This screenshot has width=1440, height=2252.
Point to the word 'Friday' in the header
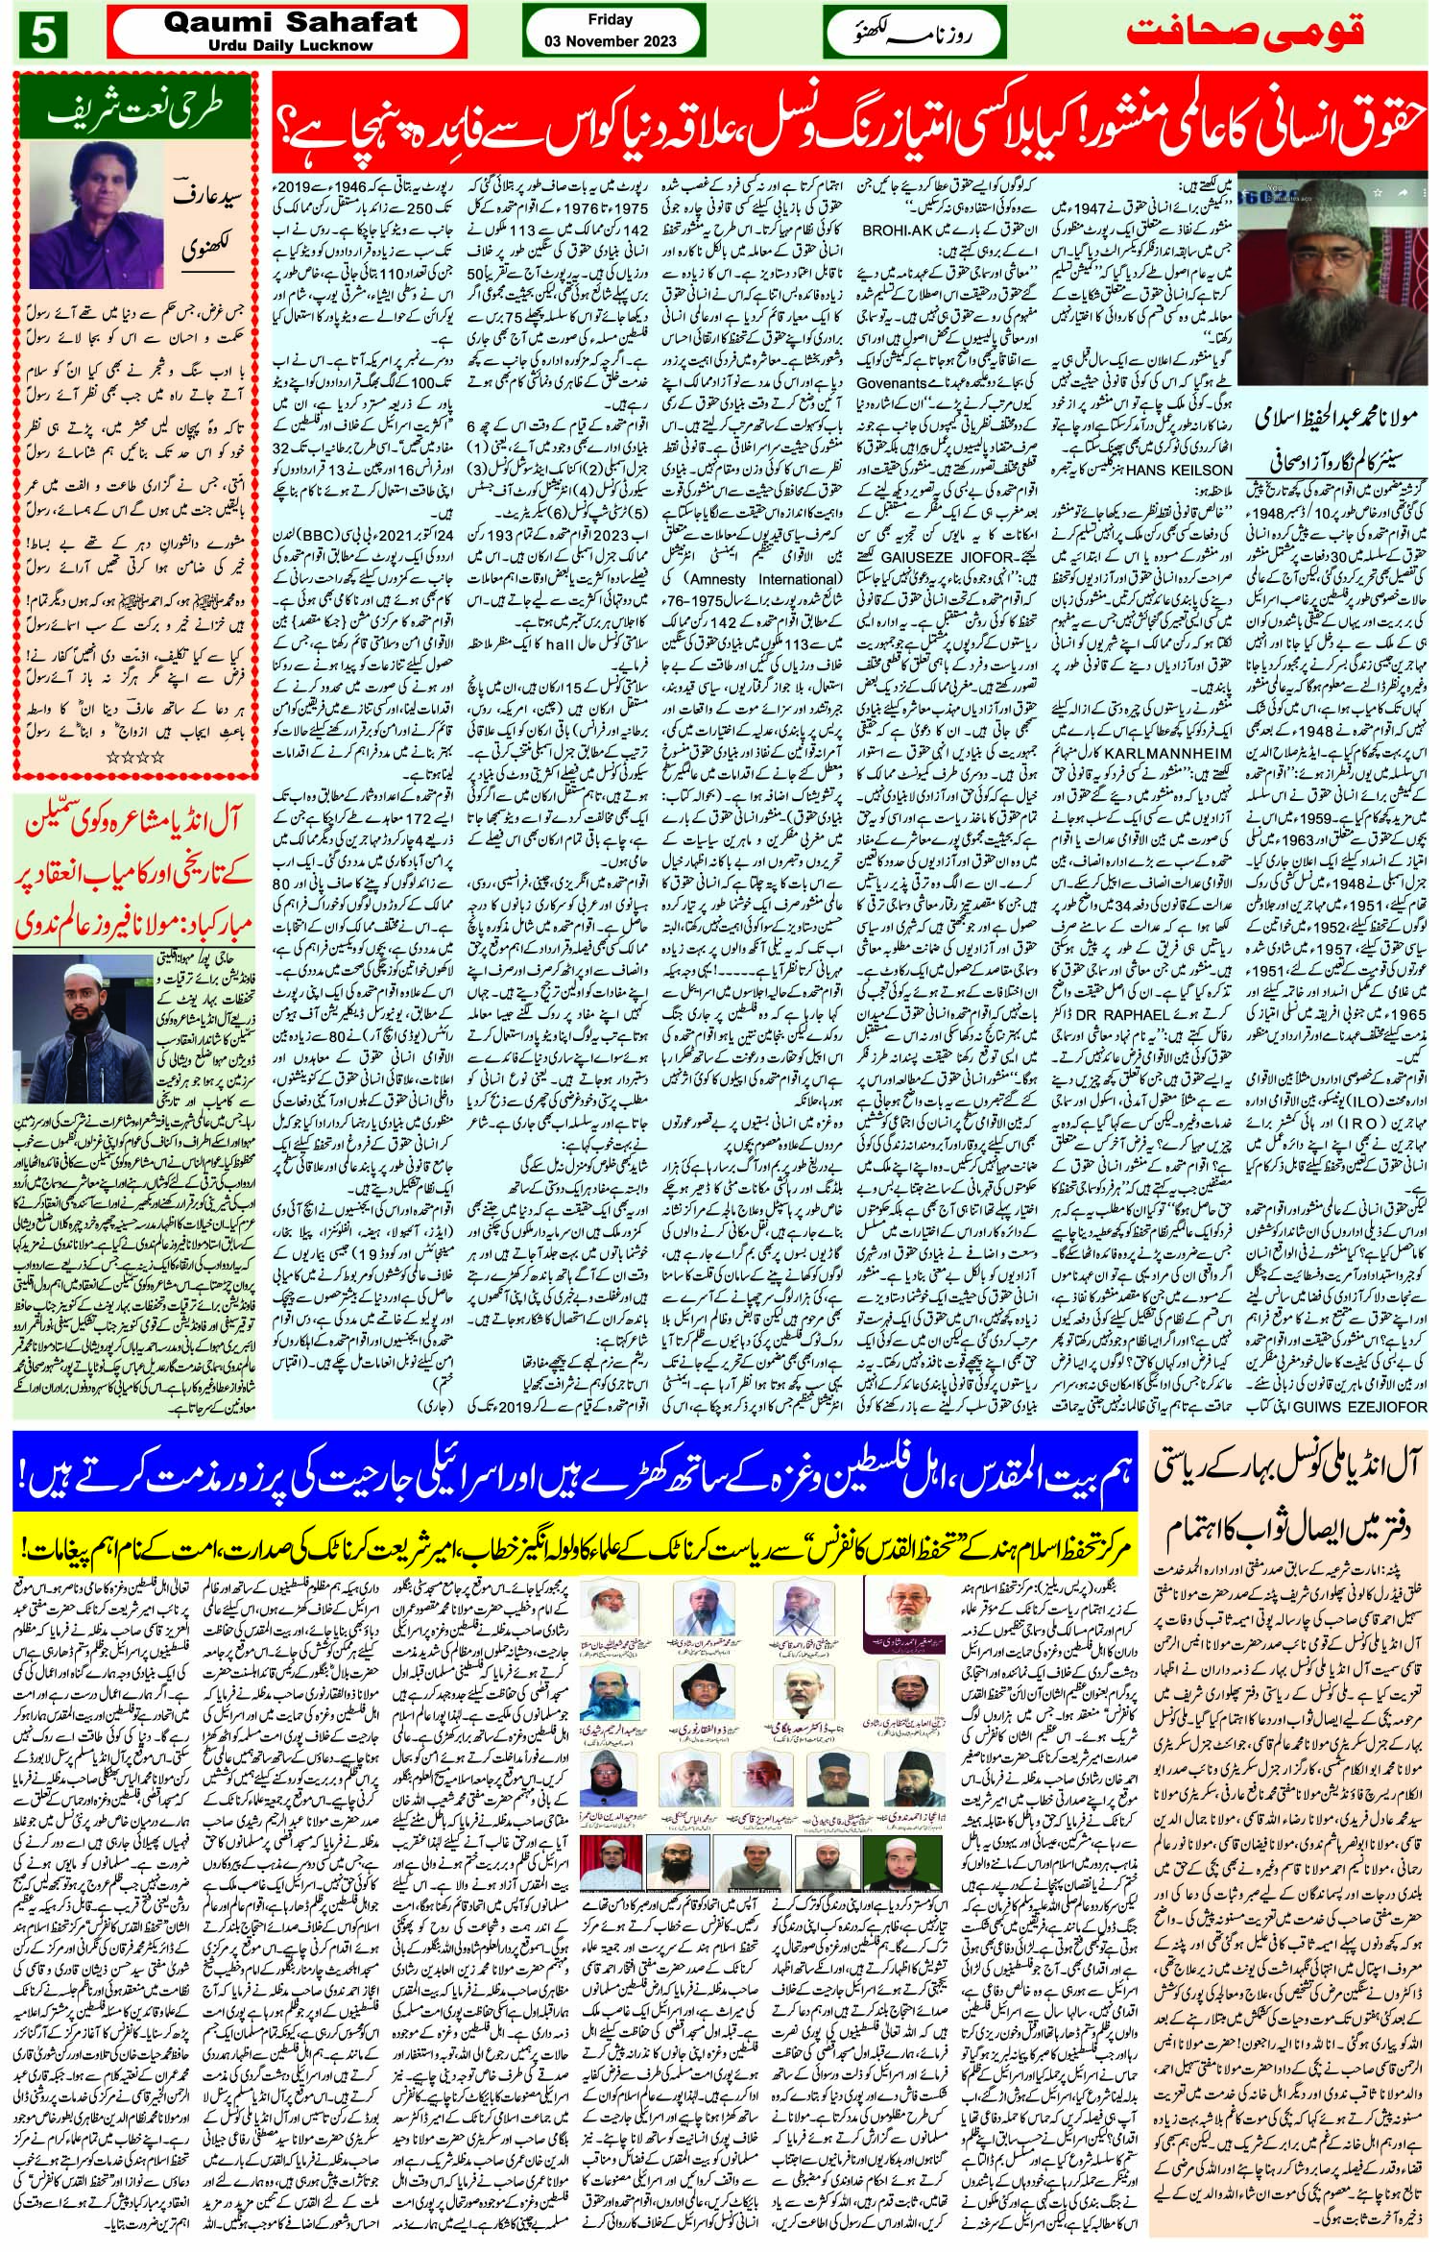pos(610,19)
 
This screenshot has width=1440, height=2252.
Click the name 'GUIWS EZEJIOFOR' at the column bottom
pos(1380,1407)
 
